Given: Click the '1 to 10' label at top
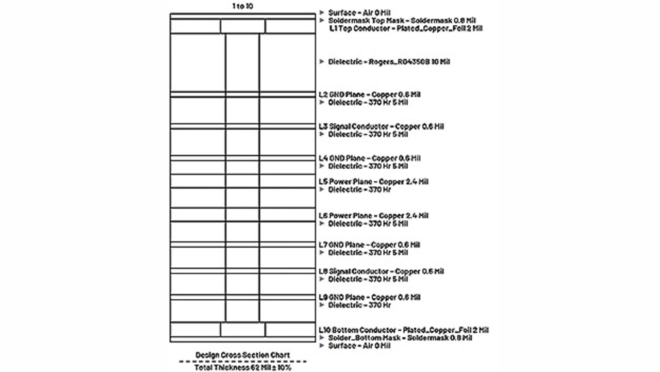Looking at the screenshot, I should [242, 5].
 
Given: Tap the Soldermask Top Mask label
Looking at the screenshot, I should [402, 21].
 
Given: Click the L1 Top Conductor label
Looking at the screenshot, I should [406, 28].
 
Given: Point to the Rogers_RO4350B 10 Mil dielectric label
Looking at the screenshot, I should [389, 62].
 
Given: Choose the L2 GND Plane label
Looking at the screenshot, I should [370, 95].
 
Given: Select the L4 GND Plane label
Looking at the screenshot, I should [370, 158].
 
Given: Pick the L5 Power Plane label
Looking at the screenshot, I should [374, 182].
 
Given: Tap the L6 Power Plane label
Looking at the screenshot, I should [374, 216].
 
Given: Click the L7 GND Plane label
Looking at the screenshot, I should [370, 245].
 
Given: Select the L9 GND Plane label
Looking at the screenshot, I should [370, 297].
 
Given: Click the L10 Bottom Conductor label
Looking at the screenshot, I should [404, 330].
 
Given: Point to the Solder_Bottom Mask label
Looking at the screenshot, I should [400, 338].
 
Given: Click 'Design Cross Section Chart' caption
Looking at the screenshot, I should [242, 355].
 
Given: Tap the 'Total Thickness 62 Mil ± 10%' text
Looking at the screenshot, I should [242, 368].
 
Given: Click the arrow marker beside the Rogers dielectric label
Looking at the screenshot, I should [322, 61].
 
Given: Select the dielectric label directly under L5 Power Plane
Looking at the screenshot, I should [359, 190].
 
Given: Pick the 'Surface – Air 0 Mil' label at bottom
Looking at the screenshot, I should [359, 346].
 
